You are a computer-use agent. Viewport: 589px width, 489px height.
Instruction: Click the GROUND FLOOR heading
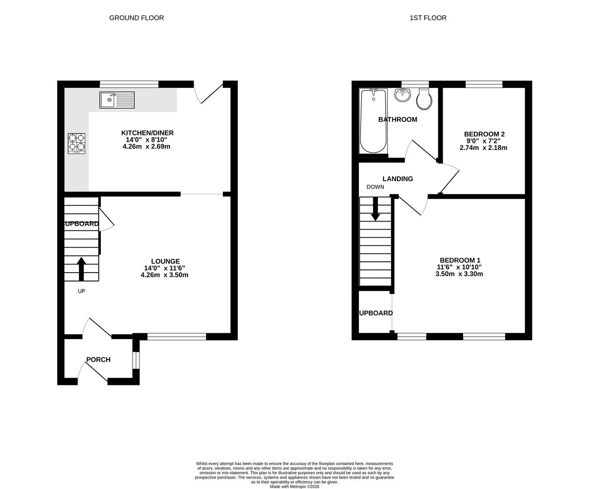tap(136, 18)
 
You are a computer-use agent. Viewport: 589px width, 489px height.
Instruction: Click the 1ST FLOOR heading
tap(428, 18)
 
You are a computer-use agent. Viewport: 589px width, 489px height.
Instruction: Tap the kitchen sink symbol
tap(117, 100)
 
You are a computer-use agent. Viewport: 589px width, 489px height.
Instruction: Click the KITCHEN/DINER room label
tap(147, 133)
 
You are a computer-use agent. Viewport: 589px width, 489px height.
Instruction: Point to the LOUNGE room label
tap(165, 261)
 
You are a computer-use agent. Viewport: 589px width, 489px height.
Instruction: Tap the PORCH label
tap(98, 360)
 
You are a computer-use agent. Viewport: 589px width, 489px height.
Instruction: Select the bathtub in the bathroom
tap(373, 121)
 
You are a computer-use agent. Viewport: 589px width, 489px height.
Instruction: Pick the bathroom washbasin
tap(402, 95)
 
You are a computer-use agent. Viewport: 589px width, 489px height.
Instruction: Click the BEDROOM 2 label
tap(484, 134)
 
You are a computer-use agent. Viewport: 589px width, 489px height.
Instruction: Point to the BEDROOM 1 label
tap(460, 260)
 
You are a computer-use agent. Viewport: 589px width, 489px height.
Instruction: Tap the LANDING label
tap(397, 179)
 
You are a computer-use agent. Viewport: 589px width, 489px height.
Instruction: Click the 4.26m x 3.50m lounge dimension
tap(164, 275)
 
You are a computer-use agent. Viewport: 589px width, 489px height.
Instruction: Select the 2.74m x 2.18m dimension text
tap(483, 148)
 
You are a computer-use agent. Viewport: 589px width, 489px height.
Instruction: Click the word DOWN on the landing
tap(375, 187)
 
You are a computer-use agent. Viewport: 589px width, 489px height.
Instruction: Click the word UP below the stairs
tap(82, 291)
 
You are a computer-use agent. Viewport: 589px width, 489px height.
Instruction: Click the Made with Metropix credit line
tap(294, 487)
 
